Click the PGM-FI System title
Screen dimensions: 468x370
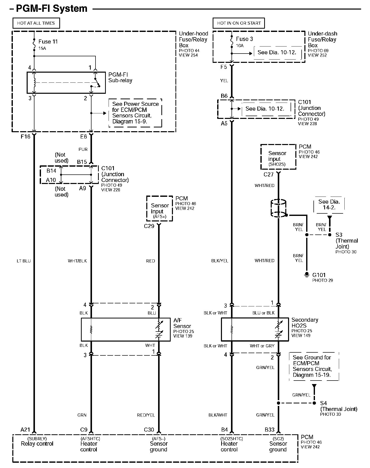click(x=52, y=9)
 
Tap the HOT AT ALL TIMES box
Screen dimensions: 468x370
click(x=36, y=23)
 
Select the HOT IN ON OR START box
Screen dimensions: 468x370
click(x=239, y=23)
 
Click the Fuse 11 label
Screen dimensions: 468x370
click(x=48, y=42)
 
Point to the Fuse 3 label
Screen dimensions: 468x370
click(x=244, y=39)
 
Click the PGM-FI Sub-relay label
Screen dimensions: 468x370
click(x=120, y=78)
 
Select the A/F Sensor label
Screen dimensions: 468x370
click(x=182, y=323)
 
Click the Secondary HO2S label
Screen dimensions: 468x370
click(x=305, y=323)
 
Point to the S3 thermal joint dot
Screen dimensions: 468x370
click(x=330, y=235)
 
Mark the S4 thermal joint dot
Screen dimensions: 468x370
click(x=314, y=403)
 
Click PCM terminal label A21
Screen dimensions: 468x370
click(x=25, y=430)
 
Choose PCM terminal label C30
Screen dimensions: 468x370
click(x=149, y=430)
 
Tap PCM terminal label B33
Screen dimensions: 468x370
click(x=269, y=430)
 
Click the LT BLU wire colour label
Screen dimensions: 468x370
click(x=24, y=261)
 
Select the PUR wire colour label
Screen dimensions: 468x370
click(x=83, y=149)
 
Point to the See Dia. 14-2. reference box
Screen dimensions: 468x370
click(x=329, y=205)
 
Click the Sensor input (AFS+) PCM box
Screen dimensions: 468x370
click(x=160, y=209)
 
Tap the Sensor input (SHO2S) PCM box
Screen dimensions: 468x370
click(x=278, y=157)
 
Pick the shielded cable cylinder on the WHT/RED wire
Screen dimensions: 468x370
click(x=278, y=208)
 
